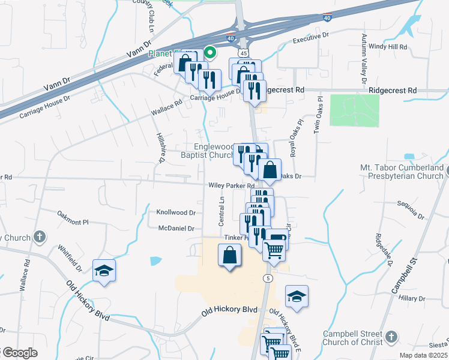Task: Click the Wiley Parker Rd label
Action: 232,186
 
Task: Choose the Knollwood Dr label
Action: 176,212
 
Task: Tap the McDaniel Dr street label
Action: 176,229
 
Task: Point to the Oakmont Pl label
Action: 73,217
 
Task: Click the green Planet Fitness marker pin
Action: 210,53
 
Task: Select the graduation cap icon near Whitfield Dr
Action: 104,271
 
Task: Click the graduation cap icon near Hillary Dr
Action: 297,296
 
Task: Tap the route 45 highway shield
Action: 243,53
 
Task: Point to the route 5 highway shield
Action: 267,278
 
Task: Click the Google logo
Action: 20,353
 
